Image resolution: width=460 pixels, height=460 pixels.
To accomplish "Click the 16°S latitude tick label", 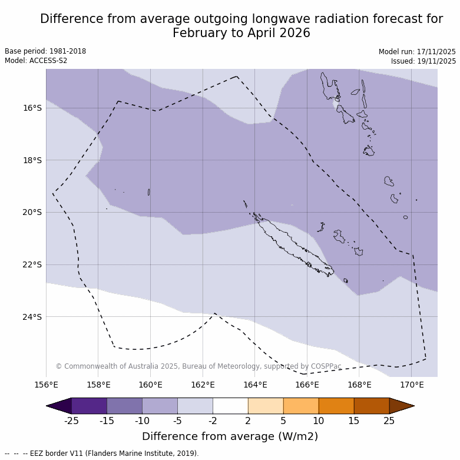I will (x=32, y=108).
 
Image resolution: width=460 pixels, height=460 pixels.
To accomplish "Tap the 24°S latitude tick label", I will (x=32, y=317).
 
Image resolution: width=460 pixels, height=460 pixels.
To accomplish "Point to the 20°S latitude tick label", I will (x=32, y=212).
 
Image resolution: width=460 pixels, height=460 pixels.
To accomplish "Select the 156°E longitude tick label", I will (x=47, y=385).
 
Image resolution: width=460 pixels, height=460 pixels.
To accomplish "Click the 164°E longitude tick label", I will (x=255, y=385).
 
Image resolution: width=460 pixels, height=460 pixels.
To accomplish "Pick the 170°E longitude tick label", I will (x=412, y=385).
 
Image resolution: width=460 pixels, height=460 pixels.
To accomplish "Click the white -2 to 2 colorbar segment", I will (x=230, y=406).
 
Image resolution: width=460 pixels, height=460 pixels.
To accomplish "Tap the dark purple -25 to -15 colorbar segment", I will (x=89, y=406).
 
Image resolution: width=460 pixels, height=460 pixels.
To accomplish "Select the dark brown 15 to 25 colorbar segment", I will (x=372, y=406).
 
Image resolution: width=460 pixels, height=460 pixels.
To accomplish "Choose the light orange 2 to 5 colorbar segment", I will (x=266, y=406).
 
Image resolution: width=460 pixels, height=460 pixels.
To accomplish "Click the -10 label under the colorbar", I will (x=142, y=421).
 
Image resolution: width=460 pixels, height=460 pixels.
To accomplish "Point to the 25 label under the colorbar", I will (x=389, y=421).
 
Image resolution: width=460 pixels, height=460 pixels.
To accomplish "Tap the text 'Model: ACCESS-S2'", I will (x=36, y=61).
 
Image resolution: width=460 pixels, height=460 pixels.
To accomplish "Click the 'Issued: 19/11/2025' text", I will (x=423, y=61).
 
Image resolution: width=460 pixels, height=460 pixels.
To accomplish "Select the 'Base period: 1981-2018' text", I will (x=45, y=51).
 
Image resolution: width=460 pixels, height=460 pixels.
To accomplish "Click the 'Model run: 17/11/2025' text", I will (x=417, y=51).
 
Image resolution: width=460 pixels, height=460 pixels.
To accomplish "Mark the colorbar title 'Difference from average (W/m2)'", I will (x=230, y=436).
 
